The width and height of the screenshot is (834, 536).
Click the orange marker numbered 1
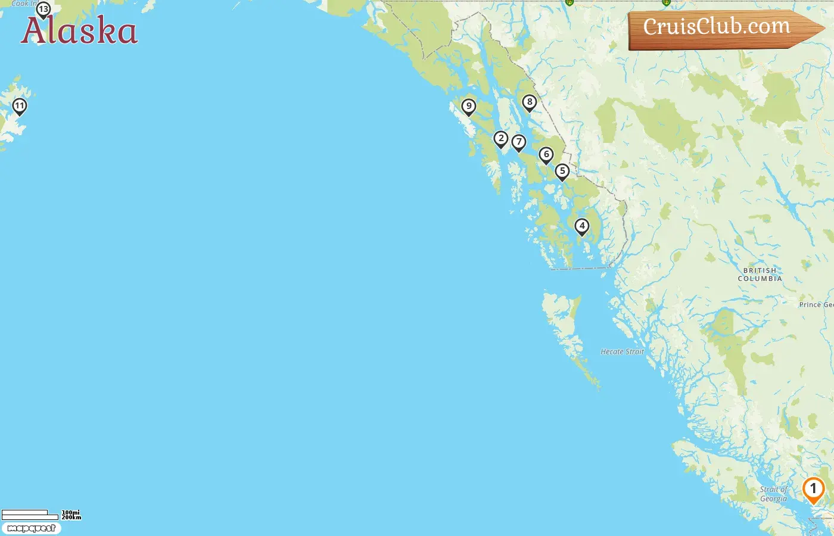coord(813,490)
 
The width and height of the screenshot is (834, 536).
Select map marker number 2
coord(501,139)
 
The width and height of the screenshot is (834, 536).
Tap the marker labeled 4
coord(582,226)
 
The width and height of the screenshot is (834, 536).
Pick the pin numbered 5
coord(562,172)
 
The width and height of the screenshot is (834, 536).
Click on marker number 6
coord(546,155)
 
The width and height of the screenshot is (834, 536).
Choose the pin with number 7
coord(519,142)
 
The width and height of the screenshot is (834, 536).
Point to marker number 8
coord(530,102)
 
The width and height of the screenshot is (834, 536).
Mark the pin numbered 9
coord(469,107)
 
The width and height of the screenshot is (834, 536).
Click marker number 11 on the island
coord(20,107)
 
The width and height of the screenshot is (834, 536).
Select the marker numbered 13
coord(43,10)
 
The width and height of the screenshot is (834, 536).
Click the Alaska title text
coord(79,31)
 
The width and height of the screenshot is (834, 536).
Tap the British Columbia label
coord(760,275)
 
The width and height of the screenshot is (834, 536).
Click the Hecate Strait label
coord(622,352)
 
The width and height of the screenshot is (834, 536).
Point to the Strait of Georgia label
coord(773,494)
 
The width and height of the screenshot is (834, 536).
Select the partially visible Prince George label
coord(816,304)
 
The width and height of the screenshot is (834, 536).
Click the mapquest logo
coord(32,528)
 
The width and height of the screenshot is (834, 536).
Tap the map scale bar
coord(30,515)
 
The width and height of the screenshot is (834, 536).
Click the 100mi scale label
coord(71,512)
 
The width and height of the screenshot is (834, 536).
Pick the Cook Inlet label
coord(23,4)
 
